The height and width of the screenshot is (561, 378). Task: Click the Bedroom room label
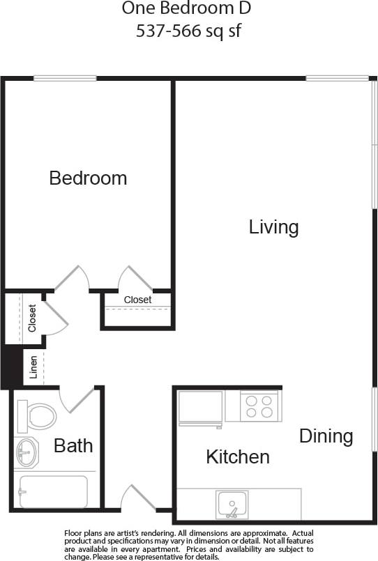(x=88, y=178)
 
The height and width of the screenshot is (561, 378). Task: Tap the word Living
(x=274, y=226)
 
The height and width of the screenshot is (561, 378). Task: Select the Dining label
(x=326, y=436)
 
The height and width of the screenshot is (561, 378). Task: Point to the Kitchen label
(x=238, y=456)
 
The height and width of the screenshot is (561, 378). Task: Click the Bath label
(x=73, y=445)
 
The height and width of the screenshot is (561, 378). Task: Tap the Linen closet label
(x=33, y=367)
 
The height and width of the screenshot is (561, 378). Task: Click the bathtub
(x=53, y=491)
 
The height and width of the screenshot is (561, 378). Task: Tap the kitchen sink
(x=232, y=504)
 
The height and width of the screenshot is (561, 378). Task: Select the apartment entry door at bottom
(x=137, y=499)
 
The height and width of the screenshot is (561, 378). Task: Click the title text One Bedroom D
(x=186, y=9)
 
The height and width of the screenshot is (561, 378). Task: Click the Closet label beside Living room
(x=137, y=300)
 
